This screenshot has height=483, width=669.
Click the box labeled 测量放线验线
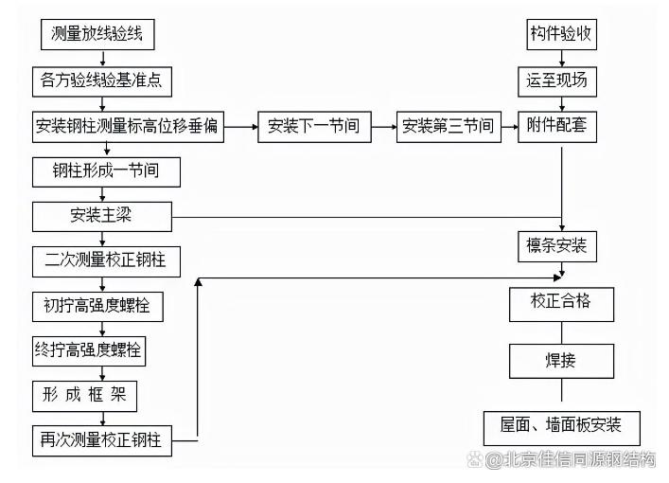pyautogui.click(x=97, y=36)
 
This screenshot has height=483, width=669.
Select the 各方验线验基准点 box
pyautogui.click(x=102, y=80)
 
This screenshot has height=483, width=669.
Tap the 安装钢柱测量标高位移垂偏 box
pyautogui.click(x=129, y=127)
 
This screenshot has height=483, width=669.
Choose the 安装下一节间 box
pyautogui.click(x=313, y=127)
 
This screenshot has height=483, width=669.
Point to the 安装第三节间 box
pyautogui.click(x=449, y=127)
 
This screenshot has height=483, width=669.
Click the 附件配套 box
pyautogui.click(x=558, y=127)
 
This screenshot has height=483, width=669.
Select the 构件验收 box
pyautogui.click(x=561, y=36)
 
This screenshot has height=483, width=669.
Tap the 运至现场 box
pyautogui.click(x=558, y=80)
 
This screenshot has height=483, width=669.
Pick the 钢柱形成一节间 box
pyautogui.click(x=106, y=171)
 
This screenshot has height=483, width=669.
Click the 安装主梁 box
pyautogui.click(x=102, y=216)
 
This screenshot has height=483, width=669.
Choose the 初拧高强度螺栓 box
pyautogui.click(x=97, y=306)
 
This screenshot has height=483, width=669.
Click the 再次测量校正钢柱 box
pyautogui.click(x=101, y=440)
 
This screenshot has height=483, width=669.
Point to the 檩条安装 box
pyautogui.click(x=558, y=247)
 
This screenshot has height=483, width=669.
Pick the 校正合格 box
pyautogui.click(x=561, y=303)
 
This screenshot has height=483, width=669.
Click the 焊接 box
pyautogui.click(x=561, y=361)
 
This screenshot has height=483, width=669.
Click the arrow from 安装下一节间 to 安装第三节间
pyautogui.click(x=380, y=127)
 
